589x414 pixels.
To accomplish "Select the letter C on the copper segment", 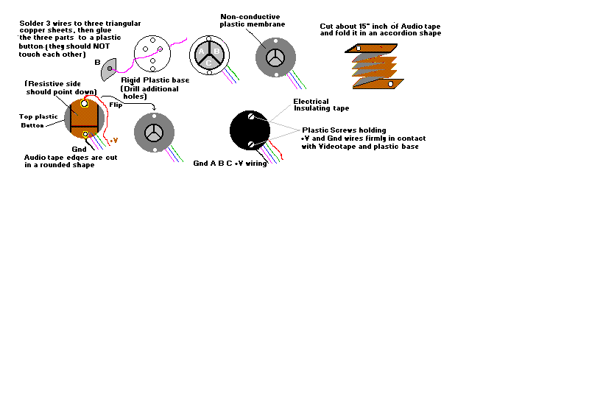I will [209, 63].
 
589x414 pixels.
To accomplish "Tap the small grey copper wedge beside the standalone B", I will [109, 69].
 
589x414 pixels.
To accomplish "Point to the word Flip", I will [116, 105].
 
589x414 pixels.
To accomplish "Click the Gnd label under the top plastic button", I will [79, 149].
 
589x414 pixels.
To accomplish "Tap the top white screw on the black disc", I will [251, 116].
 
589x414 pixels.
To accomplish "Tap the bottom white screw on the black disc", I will [251, 144].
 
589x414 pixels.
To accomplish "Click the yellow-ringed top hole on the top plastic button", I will [85, 104].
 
